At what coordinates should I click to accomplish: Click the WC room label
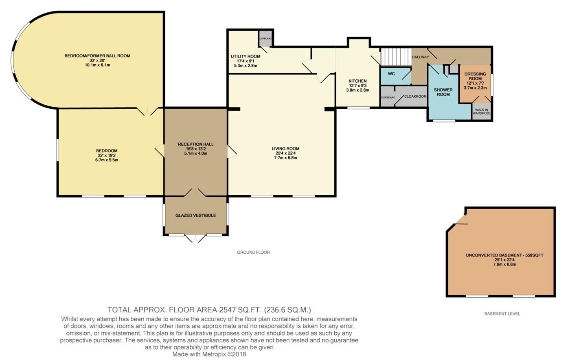click(x=391, y=74)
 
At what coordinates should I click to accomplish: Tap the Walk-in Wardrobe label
click(x=481, y=112)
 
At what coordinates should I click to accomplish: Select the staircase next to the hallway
click(x=396, y=56)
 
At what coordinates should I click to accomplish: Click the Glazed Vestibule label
click(x=196, y=215)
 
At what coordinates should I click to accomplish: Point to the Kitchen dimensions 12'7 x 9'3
click(x=357, y=86)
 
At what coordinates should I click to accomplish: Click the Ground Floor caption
click(x=253, y=252)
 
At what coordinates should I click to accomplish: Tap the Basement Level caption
click(x=502, y=314)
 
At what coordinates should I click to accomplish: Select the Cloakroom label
click(x=415, y=97)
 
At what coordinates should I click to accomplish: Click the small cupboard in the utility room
click(x=265, y=38)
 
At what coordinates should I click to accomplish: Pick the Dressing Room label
click(x=475, y=76)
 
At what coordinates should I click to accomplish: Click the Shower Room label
click(x=443, y=92)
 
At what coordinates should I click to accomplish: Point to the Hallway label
click(x=420, y=57)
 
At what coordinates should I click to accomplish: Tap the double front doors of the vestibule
click(x=195, y=238)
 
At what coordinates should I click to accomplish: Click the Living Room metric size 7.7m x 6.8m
click(x=285, y=158)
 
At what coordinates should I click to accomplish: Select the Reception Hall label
click(x=196, y=144)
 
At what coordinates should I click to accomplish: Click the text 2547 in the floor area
click(x=228, y=310)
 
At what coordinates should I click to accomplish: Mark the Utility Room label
click(x=246, y=57)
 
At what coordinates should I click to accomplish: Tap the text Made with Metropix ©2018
click(x=209, y=354)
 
